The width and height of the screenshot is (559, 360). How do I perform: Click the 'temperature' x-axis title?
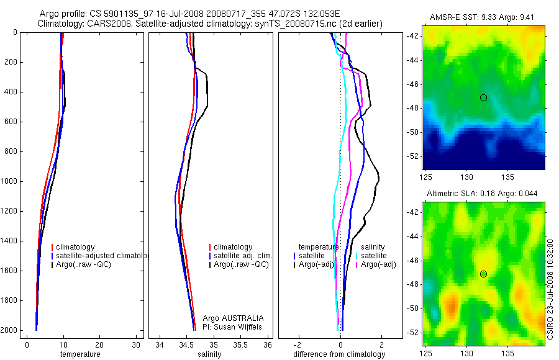point(80,354)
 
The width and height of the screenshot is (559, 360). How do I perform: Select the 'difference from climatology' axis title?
point(339,354)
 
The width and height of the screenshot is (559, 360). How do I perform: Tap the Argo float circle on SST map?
point(483,97)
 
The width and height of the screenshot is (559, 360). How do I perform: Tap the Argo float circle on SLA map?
point(483,274)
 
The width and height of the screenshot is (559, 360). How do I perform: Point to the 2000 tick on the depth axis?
point(9,330)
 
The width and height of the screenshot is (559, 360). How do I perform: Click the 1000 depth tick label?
point(9,181)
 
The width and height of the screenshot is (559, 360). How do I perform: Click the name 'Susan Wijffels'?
point(242,326)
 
